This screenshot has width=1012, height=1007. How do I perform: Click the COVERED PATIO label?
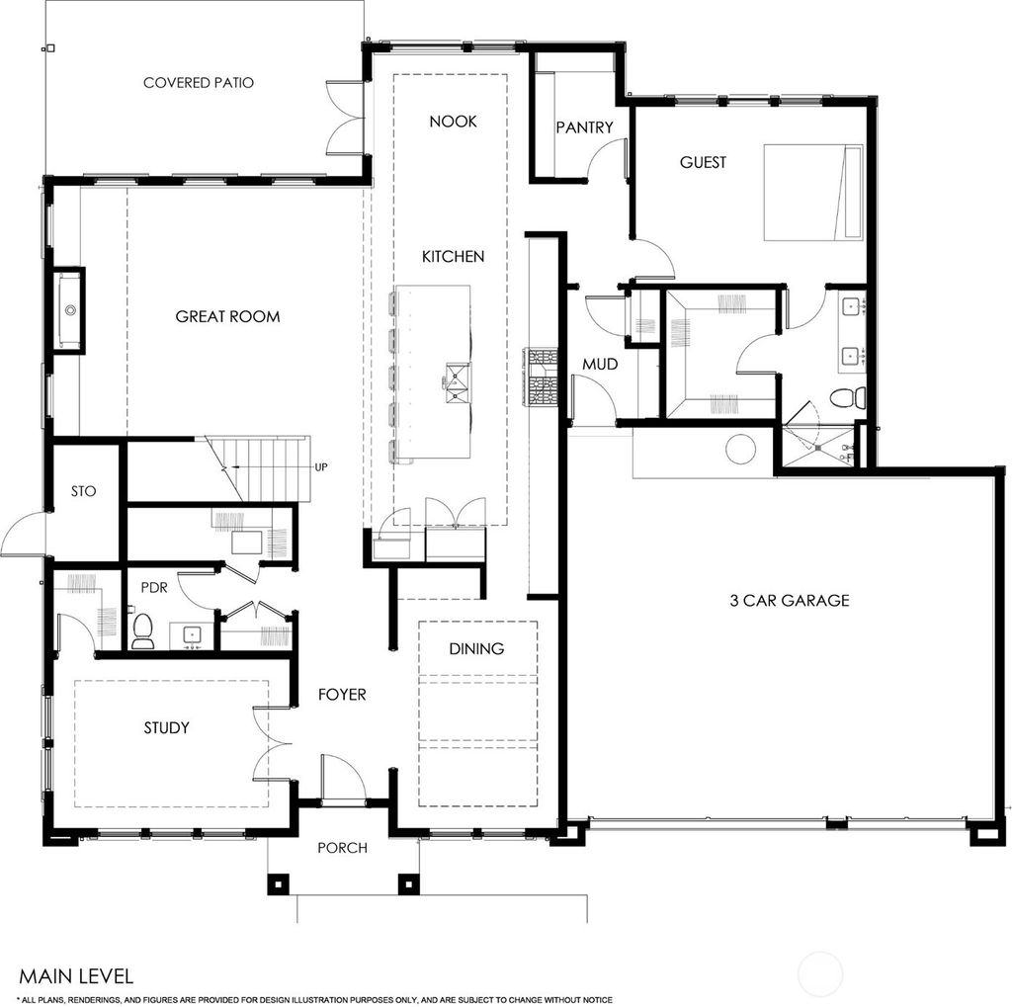pyautogui.click(x=198, y=83)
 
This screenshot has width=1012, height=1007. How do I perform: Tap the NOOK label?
pyautogui.click(x=453, y=122)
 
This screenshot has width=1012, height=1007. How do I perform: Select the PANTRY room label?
pyautogui.click(x=584, y=127)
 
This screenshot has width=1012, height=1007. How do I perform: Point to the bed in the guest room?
pyautogui.click(x=813, y=192)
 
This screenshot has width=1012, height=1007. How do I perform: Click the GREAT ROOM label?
pyautogui.click(x=227, y=317)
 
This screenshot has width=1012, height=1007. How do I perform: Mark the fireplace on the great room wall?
pyautogui.click(x=69, y=309)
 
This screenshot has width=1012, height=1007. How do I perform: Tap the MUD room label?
pyautogui.click(x=599, y=365)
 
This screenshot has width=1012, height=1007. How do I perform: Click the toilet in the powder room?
pyautogui.click(x=143, y=630)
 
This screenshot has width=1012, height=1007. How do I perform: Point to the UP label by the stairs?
pyautogui.click(x=320, y=467)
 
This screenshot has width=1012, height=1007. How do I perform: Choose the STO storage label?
pyautogui.click(x=84, y=491)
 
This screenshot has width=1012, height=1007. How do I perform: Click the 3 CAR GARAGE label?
pyautogui.click(x=790, y=600)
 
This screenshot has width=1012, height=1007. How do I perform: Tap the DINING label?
pyautogui.click(x=476, y=649)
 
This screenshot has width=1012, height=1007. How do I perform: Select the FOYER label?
pyautogui.click(x=342, y=695)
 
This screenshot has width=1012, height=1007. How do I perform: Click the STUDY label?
pyautogui.click(x=166, y=728)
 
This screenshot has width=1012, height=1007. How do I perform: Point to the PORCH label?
pyautogui.click(x=342, y=848)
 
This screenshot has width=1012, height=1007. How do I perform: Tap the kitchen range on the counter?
pyautogui.click(x=544, y=378)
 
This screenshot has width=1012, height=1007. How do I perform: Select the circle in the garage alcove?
pyautogui.click(x=740, y=449)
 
